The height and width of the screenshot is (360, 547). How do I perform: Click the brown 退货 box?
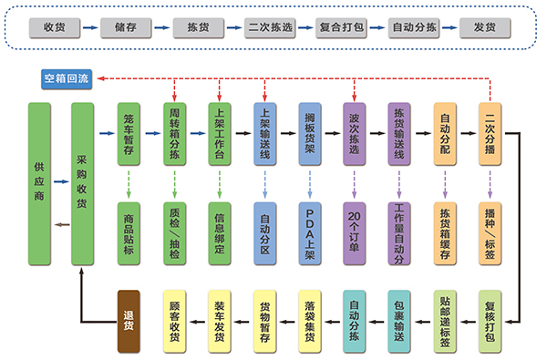tap(129, 321)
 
